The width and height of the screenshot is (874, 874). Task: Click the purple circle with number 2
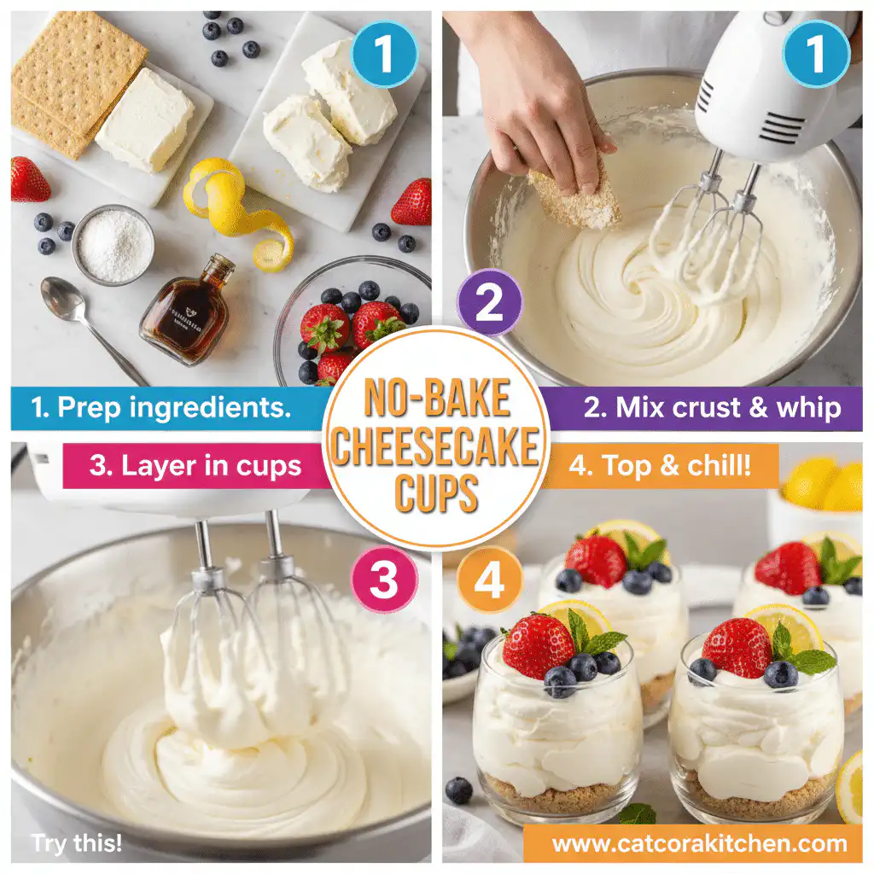(x=488, y=302)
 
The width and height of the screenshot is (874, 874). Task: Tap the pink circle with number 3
(x=382, y=581)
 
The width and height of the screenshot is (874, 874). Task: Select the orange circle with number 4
(x=490, y=581)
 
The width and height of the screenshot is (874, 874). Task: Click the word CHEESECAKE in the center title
(x=436, y=446)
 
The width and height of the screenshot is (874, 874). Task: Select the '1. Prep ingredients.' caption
(x=160, y=408)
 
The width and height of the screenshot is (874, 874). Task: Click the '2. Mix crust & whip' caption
(x=712, y=408)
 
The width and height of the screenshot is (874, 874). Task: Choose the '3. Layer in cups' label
(x=195, y=466)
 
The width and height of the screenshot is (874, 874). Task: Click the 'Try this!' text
(x=77, y=844)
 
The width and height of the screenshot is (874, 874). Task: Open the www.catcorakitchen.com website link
(x=699, y=844)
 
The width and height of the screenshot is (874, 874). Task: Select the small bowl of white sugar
(x=114, y=245)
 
